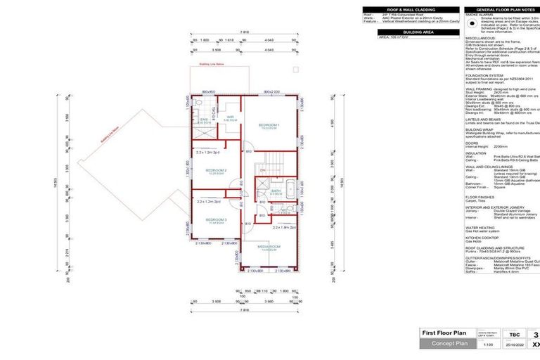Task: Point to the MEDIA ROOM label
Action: (x=269, y=247)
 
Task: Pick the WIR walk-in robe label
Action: (x=229, y=117)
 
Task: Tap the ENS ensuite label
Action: (x=205, y=121)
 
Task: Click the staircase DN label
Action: (x=262, y=169)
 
